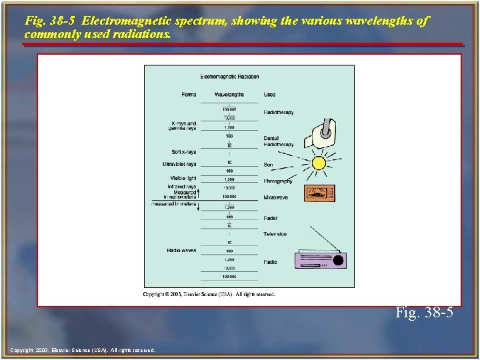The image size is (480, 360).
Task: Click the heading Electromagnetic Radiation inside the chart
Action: (x=229, y=77)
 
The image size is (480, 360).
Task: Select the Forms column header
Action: (x=189, y=95)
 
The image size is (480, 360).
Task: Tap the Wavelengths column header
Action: (x=229, y=95)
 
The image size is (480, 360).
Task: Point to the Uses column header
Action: (x=269, y=95)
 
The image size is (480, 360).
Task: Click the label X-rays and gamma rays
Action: (x=183, y=125)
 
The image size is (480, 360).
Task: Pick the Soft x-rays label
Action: (x=184, y=152)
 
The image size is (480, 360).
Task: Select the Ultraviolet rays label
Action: (x=179, y=164)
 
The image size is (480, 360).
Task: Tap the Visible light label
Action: (x=183, y=178)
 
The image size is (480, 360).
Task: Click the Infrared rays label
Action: (x=182, y=187)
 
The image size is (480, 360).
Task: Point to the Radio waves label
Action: (x=181, y=250)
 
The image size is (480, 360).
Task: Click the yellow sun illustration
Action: (x=319, y=163)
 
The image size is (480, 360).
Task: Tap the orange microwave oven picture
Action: (x=320, y=193)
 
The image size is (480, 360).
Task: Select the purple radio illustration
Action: (x=320, y=259)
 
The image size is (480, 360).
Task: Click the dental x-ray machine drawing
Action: (x=320, y=134)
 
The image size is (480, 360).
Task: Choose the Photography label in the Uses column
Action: (x=278, y=181)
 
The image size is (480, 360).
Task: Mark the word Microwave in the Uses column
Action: (x=275, y=197)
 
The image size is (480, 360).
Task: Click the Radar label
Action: (x=270, y=218)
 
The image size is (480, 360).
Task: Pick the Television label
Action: (x=275, y=234)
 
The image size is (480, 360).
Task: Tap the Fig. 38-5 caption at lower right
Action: (x=424, y=312)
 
